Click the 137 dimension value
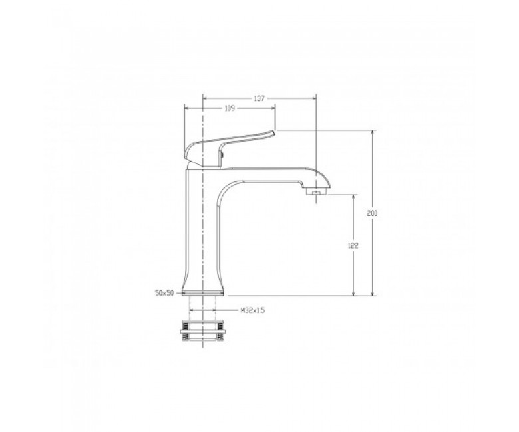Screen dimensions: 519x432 [259, 98]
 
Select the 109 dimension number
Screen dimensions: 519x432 [230, 108]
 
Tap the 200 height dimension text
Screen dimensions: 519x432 [372, 213]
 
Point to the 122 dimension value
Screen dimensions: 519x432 [353, 246]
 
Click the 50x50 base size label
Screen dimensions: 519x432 [164, 293]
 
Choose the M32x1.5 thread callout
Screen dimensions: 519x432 [253, 310]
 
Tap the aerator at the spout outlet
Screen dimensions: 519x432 [317, 191]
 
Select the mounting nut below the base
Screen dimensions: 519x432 [202, 330]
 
